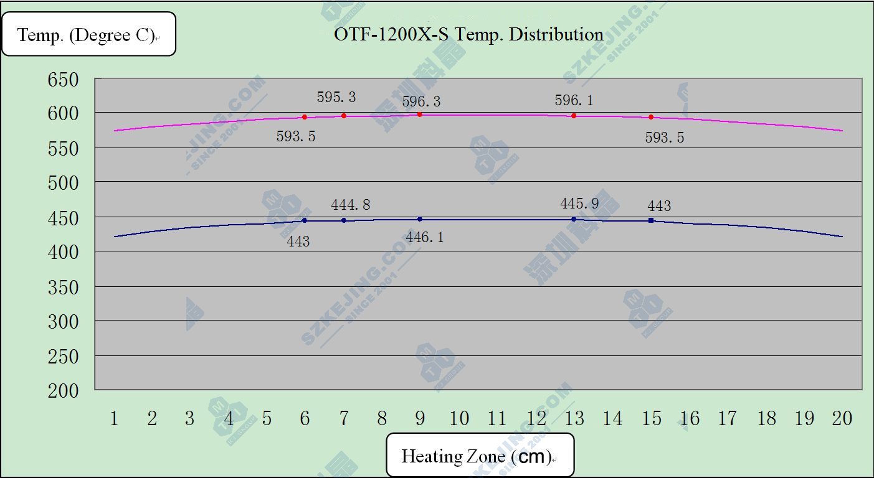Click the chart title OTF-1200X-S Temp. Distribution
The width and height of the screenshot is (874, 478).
(x=468, y=34)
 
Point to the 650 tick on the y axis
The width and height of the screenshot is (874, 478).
(x=64, y=80)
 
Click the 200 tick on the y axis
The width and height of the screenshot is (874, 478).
(x=64, y=391)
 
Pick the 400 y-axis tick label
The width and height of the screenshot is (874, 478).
(x=64, y=252)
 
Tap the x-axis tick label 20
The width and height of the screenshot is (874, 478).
(x=842, y=418)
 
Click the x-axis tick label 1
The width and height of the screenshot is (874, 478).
(x=114, y=418)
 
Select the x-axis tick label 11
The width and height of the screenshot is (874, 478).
(x=497, y=418)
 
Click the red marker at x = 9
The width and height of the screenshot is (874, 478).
(x=420, y=115)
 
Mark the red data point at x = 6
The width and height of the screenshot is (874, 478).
(x=305, y=117)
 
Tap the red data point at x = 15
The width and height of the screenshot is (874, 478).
(x=651, y=117)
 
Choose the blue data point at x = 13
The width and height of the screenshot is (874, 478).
(x=574, y=219)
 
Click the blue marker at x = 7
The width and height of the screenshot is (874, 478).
(x=344, y=220)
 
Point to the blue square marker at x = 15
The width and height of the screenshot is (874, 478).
(x=651, y=220)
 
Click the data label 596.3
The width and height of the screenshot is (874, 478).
(x=421, y=101)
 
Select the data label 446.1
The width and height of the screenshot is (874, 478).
(x=424, y=237)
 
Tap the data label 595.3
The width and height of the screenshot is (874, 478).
(x=336, y=97)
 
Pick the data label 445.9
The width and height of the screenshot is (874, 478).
(x=579, y=204)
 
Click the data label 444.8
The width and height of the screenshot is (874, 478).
(x=351, y=205)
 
